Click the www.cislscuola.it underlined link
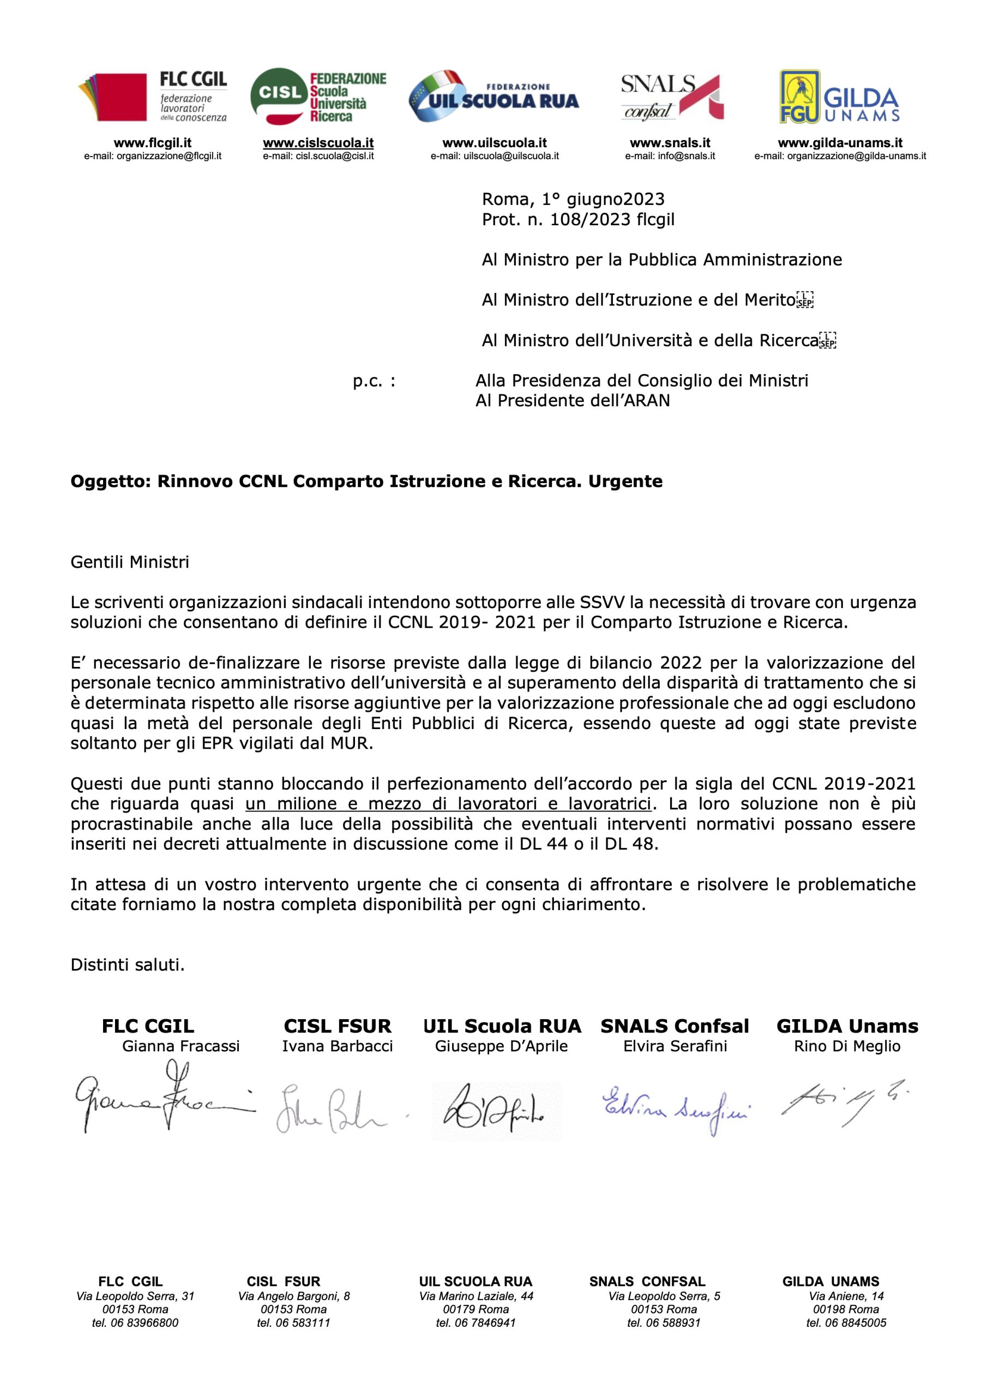318,143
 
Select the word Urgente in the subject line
624,482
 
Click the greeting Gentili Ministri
130,562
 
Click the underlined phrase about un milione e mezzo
448,804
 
